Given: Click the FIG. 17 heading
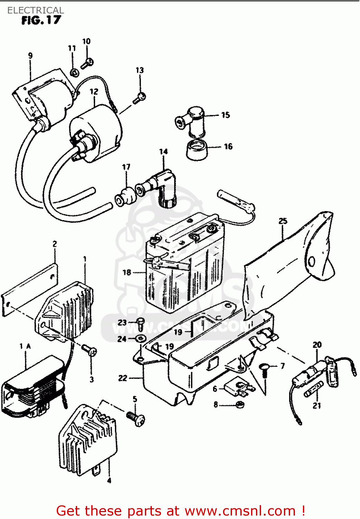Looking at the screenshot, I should pyautogui.click(x=41, y=20).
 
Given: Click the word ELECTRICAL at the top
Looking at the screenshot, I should pyautogui.click(x=36, y=10).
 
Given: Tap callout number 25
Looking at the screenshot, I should pyautogui.click(x=283, y=221).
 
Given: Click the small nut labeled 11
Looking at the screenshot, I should pyautogui.click(x=74, y=73).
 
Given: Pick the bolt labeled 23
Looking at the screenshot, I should pyautogui.click(x=140, y=324).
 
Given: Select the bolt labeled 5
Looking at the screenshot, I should pyautogui.click(x=136, y=418).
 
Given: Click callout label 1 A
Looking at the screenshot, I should pyautogui.click(x=25, y=346).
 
